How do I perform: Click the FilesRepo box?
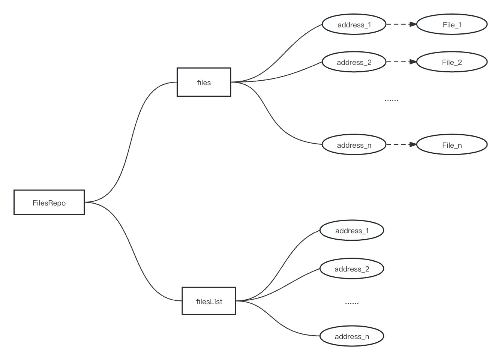click(x=49, y=202)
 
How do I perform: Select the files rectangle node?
click(x=204, y=82)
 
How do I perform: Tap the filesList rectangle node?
click(x=209, y=301)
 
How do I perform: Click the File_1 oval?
click(x=452, y=25)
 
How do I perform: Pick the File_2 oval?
click(x=452, y=62)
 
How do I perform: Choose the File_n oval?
click(x=452, y=145)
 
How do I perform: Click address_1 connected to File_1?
click(x=354, y=25)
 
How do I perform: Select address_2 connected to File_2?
click(x=354, y=62)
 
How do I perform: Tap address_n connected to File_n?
click(x=354, y=145)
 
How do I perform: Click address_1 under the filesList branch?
click(x=352, y=231)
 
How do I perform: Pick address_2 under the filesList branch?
click(x=352, y=269)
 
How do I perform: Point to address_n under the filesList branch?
click(x=352, y=336)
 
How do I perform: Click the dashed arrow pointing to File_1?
click(x=401, y=24)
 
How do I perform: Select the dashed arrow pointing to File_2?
click(x=401, y=62)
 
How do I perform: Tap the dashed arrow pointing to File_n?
click(x=401, y=144)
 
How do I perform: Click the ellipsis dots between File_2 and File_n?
click(x=391, y=100)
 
